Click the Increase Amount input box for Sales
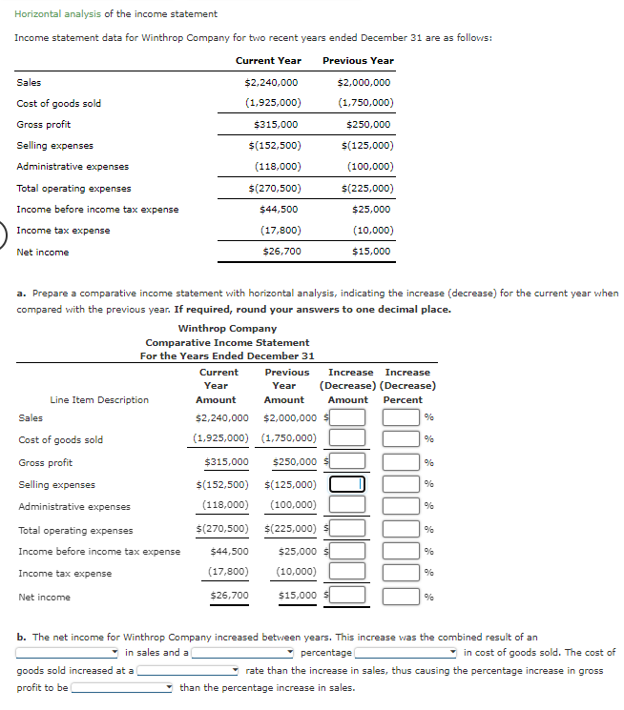pyautogui.click(x=348, y=416)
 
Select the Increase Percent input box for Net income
pyautogui.click(x=402, y=597)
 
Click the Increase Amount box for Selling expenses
pyautogui.click(x=348, y=484)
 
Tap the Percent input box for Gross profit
pyautogui.click(x=402, y=462)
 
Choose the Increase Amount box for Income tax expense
pyautogui.click(x=348, y=572)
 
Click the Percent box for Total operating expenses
pyautogui.click(x=402, y=528)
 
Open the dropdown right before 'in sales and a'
pyautogui.click(x=67, y=653)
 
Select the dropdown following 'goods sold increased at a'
pyautogui.click(x=188, y=671)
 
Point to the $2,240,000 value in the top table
pyautogui.click(x=271, y=83)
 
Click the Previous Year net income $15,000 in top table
pyautogui.click(x=371, y=252)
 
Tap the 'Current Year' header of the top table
pyautogui.click(x=268, y=60)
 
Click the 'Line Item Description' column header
pyautogui.click(x=99, y=400)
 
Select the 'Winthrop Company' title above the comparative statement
pyautogui.click(x=227, y=329)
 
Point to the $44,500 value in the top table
pyautogui.click(x=279, y=209)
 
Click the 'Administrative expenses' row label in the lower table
pyautogui.click(x=74, y=507)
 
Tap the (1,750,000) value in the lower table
pyautogui.click(x=288, y=438)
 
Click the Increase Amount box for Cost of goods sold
pyautogui.click(x=348, y=438)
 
